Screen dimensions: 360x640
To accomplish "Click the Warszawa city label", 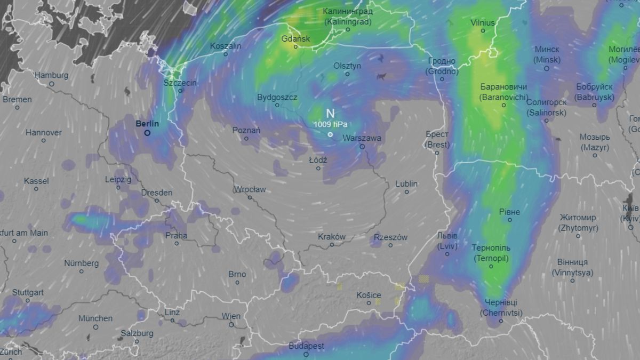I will [x=362, y=138].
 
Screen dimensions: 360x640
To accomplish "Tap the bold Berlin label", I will [x=147, y=124].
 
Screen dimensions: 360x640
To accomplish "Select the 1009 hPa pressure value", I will [x=330, y=124].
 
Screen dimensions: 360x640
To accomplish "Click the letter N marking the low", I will [x=330, y=113].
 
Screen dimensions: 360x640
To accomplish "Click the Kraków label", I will [x=332, y=237].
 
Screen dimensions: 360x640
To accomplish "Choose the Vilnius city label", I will [x=483, y=23].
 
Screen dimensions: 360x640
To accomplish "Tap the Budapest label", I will [x=306, y=346].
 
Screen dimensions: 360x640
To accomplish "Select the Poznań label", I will [x=246, y=130].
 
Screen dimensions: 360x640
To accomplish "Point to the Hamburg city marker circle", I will [x=52, y=84].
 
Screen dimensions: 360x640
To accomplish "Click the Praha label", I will [x=176, y=235].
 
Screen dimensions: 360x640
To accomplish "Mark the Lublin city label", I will [x=406, y=184].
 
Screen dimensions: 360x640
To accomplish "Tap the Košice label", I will [x=369, y=295].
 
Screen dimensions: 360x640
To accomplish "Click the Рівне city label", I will [x=509, y=212].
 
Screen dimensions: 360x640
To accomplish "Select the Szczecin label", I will [x=180, y=83].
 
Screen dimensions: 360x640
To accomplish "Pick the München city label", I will [x=95, y=318].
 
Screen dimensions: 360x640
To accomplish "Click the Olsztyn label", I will [x=347, y=66].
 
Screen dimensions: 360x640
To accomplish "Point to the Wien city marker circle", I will [x=231, y=324].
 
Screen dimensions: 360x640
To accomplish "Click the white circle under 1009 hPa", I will [x=330, y=134].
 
